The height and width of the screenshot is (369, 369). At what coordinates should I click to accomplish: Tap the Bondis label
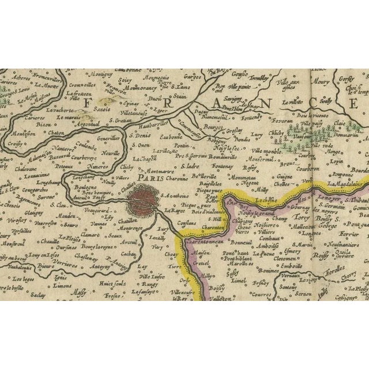coord(241,138)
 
